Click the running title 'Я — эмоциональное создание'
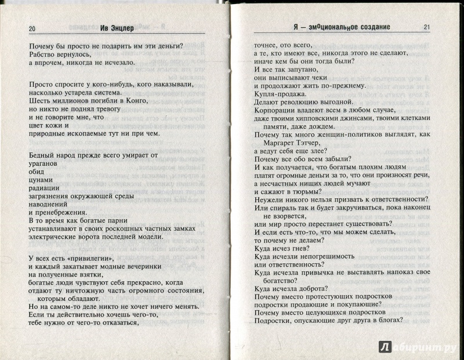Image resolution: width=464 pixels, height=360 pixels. (340, 27)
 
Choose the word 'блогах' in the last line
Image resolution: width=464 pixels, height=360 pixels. (387, 317)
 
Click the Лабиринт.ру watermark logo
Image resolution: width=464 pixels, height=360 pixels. (418, 347)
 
